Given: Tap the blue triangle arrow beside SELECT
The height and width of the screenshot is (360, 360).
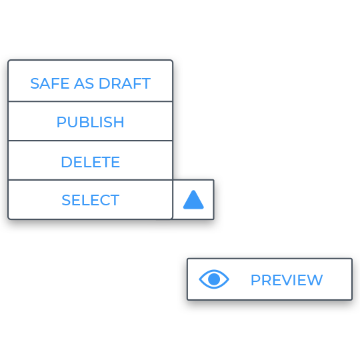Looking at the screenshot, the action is point(193,200).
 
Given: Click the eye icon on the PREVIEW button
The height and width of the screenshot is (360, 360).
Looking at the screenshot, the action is point(214,279).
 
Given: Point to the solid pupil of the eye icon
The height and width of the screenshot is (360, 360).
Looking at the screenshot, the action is point(214,279).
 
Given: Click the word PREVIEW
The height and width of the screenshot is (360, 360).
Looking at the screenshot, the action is point(287,280).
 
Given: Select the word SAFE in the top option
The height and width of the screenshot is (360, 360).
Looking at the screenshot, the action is point(50,83).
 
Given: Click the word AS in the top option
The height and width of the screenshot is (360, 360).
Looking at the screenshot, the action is point(84,83).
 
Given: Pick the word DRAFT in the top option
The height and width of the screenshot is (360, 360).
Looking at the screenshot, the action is point(125,83).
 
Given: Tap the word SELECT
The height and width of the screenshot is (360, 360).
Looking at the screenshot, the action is point(91,200).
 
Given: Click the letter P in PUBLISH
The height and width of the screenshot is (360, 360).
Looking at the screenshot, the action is point(61,122).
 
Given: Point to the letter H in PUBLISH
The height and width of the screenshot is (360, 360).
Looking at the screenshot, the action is point(119,122).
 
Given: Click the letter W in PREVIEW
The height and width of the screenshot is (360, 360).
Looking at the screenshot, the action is point(315,280).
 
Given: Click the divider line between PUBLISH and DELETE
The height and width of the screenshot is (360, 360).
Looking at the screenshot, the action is point(90,141).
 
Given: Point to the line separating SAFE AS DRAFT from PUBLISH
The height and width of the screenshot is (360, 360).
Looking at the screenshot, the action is point(90,101).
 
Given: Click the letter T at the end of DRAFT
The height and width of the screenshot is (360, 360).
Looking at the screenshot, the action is point(145,83).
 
